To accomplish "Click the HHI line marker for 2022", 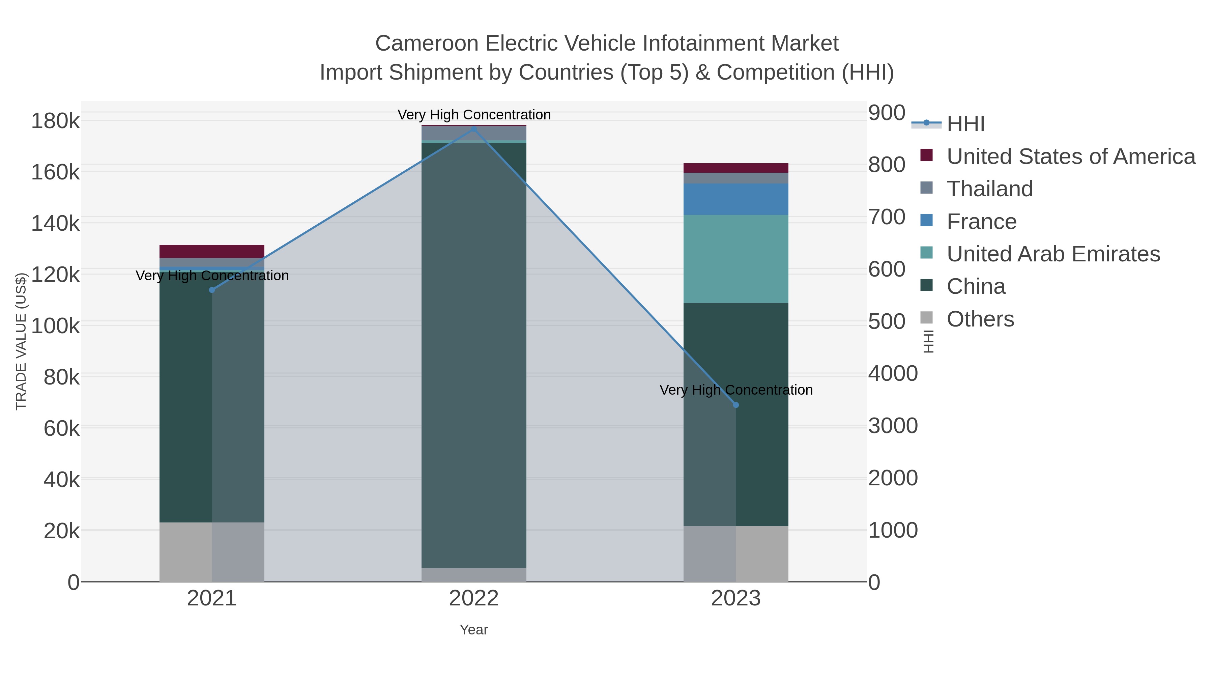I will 474,129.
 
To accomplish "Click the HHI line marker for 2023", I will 736,405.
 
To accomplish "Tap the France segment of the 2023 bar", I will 736,199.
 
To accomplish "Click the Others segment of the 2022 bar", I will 474,575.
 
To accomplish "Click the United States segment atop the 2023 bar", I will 736,168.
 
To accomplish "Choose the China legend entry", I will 976,287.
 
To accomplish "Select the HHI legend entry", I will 965,124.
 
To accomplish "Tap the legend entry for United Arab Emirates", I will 1053,254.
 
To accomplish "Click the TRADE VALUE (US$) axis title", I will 21,341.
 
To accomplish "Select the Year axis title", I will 474,630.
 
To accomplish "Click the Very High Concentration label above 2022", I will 474,115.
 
